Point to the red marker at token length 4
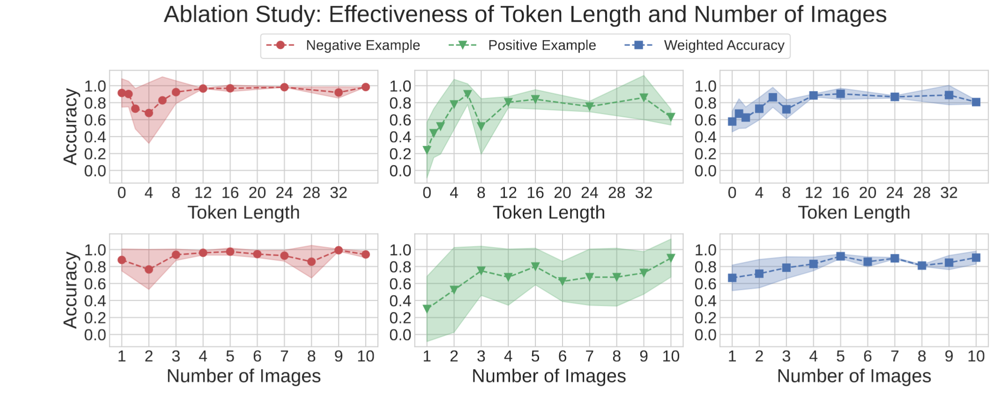[149, 113]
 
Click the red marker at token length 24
[284, 87]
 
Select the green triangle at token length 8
[481, 126]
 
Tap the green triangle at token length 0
[427, 150]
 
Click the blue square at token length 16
[841, 94]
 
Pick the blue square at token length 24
[895, 97]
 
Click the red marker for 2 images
[149, 270]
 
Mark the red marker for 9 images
[338, 250]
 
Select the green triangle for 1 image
[427, 309]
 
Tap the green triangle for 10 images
[671, 258]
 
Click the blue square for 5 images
[841, 256]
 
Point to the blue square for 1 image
[732, 278]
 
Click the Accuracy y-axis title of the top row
[70, 126]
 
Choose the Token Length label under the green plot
[548, 213]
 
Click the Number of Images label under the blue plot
[854, 376]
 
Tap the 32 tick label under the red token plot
[338, 193]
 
